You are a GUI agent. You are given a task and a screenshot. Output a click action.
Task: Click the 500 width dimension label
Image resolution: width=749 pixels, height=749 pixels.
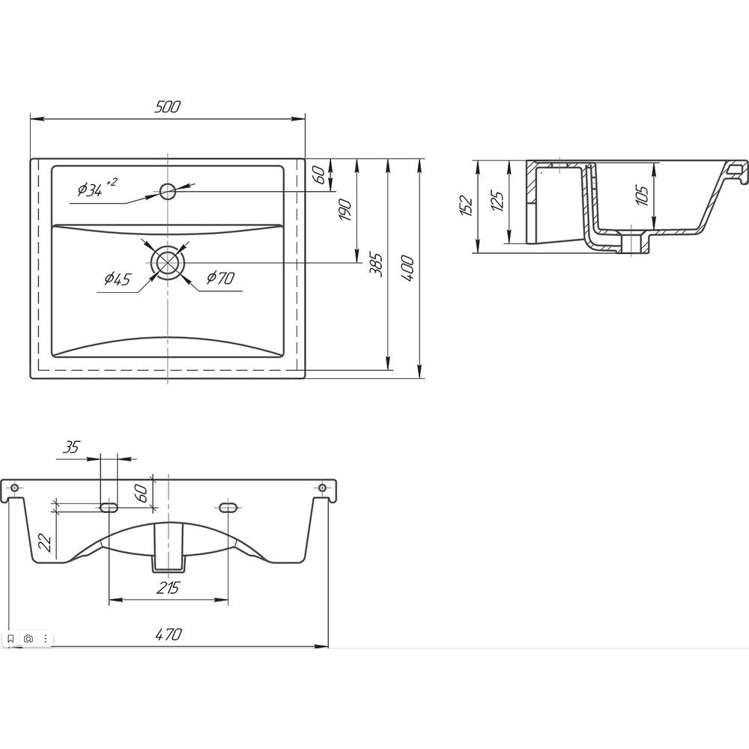[x=168, y=106]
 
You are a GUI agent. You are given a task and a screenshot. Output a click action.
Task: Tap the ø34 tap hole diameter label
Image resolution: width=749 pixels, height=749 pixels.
[x=97, y=188]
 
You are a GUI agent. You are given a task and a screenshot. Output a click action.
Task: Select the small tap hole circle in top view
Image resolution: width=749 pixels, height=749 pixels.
[x=168, y=192]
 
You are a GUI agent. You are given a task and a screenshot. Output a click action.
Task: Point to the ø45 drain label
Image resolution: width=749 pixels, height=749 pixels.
[x=118, y=279]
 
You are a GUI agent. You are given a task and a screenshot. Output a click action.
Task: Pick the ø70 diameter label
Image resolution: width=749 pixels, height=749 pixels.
[x=220, y=277]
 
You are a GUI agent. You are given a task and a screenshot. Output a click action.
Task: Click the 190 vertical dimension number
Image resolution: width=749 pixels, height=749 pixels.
[x=345, y=210]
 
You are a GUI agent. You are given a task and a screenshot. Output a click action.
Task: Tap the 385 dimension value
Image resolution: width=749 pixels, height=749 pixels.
[x=377, y=264]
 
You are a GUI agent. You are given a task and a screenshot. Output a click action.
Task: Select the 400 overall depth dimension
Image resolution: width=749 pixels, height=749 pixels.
[x=407, y=268]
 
